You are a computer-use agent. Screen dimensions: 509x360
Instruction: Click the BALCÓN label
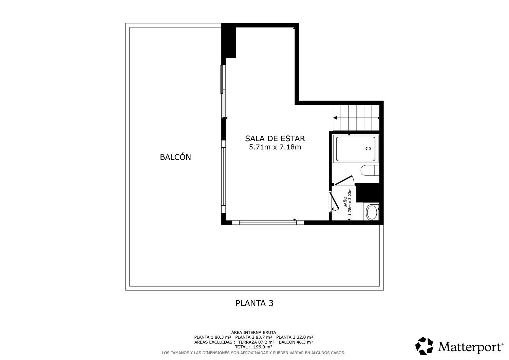click(175, 157)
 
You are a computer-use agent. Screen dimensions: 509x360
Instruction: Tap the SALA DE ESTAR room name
click(275, 138)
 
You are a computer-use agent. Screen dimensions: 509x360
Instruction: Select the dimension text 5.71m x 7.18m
click(275, 147)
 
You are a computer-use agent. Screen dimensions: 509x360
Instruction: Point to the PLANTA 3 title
click(254, 303)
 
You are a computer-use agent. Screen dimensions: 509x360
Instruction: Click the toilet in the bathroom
click(370, 170)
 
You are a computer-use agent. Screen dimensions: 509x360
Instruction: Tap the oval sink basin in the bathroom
click(372, 212)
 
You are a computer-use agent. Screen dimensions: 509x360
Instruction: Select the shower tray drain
click(368, 148)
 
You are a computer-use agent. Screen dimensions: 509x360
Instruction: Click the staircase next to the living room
click(356, 118)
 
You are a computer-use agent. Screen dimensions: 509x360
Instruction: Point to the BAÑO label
click(345, 202)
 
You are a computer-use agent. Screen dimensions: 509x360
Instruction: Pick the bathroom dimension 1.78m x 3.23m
click(350, 202)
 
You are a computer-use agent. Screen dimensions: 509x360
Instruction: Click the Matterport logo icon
click(424, 346)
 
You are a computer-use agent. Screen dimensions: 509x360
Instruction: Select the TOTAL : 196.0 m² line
click(253, 347)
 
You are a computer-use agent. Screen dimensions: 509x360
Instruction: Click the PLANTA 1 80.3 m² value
click(212, 337)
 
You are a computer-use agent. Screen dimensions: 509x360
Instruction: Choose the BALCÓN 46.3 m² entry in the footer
click(296, 342)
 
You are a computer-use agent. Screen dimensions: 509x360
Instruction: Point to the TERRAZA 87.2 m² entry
click(256, 342)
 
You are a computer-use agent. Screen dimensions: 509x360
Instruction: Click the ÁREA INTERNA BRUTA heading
click(253, 333)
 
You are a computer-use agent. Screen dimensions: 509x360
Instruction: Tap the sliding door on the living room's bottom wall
click(268, 223)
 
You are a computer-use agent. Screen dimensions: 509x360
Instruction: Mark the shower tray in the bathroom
click(356, 149)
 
